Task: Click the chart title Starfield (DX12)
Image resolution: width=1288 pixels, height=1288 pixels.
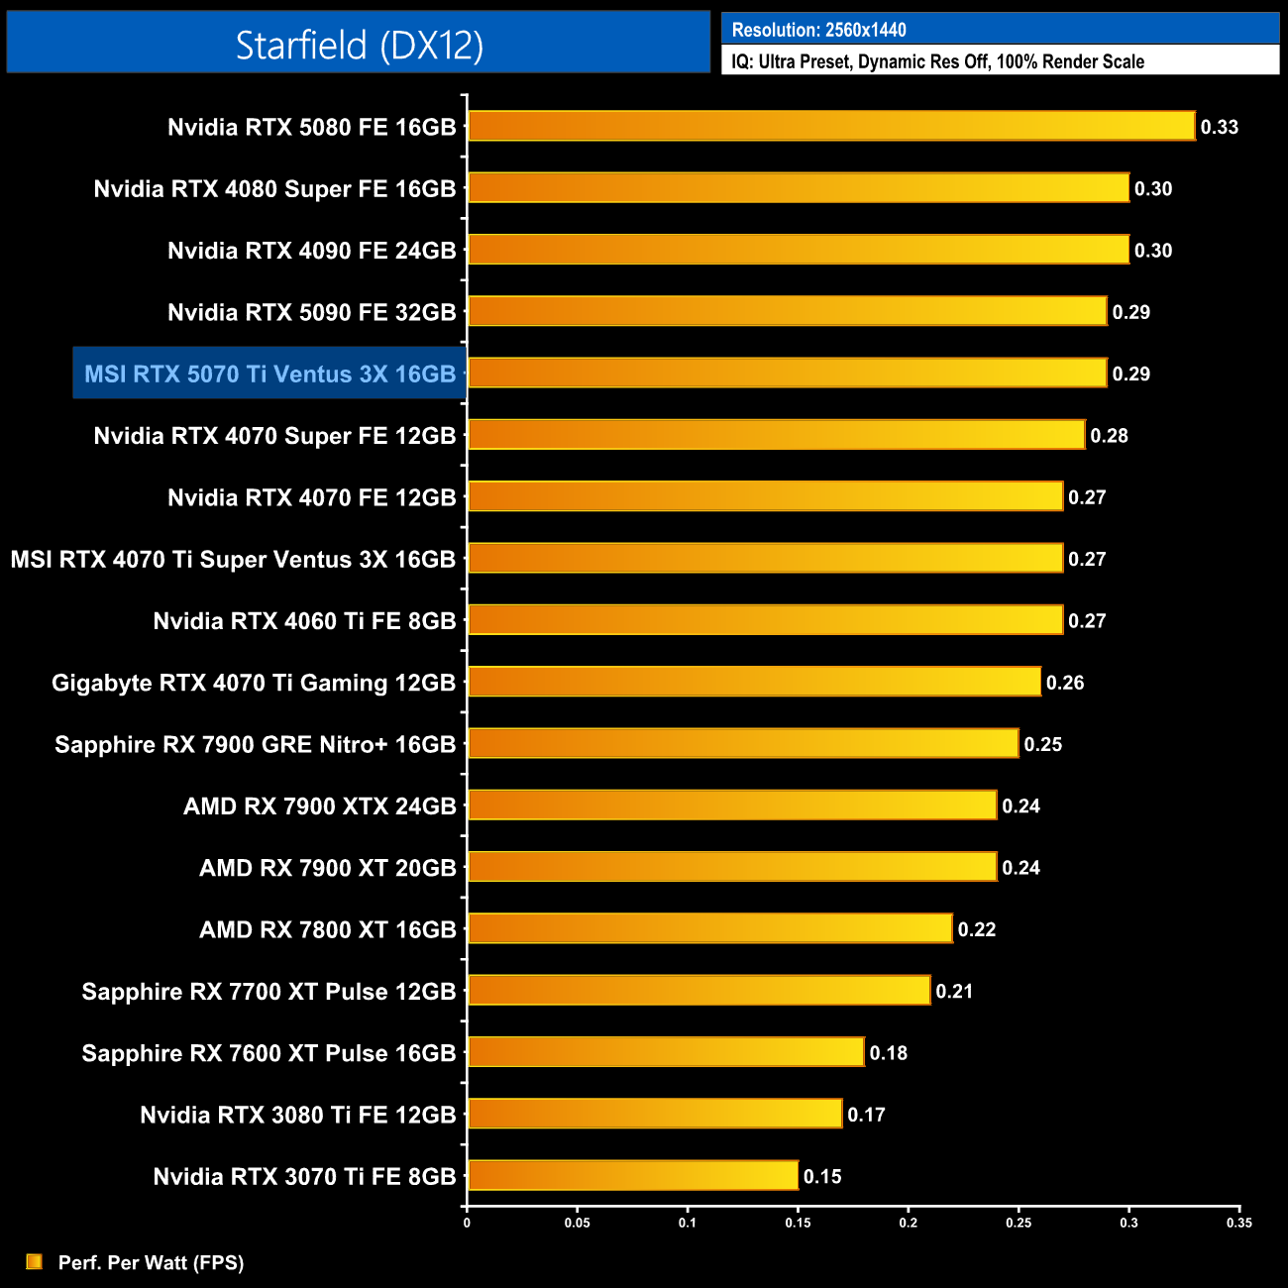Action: pos(359,45)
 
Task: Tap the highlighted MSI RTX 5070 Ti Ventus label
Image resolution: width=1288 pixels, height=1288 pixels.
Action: pos(269,374)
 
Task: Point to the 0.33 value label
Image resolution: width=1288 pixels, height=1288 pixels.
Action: pos(1219,127)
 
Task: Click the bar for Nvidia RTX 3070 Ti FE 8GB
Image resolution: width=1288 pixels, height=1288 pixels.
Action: pos(632,1176)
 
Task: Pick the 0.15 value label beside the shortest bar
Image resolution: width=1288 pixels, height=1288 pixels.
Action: pos(821,1177)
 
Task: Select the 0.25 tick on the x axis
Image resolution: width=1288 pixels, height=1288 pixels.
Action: pos(1019,1223)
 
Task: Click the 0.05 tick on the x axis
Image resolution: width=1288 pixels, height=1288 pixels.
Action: pos(577,1223)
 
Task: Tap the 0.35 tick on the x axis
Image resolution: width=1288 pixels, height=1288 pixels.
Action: pos(1238,1223)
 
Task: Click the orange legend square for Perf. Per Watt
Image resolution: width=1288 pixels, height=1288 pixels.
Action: pos(35,1261)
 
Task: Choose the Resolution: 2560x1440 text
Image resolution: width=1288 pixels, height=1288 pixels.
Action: pos(818,30)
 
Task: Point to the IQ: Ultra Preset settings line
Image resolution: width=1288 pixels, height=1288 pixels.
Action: pos(937,61)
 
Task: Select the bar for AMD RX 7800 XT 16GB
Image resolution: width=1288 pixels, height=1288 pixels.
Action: pos(709,928)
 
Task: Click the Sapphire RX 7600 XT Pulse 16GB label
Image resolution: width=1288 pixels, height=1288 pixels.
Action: pos(268,1053)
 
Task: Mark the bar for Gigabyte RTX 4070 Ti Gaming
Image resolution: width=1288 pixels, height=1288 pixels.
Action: pos(754,682)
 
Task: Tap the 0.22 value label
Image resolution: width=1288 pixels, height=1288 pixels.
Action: pos(976,929)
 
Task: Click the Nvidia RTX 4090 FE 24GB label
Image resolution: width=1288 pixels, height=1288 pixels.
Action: pos(311,251)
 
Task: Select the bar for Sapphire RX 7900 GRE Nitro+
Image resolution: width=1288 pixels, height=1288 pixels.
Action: pos(743,743)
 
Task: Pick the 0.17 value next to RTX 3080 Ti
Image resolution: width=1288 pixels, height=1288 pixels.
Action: pos(866,1115)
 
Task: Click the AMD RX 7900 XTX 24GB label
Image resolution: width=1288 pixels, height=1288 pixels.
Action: pos(319,806)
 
